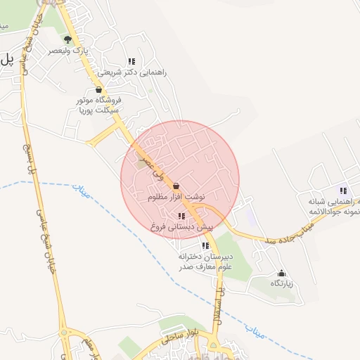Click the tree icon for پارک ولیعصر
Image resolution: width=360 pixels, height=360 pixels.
click(x=67, y=39)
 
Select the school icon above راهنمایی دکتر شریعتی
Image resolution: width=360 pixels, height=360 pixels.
click(x=131, y=61)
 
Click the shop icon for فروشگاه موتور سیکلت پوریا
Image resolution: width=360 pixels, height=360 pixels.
click(x=98, y=90)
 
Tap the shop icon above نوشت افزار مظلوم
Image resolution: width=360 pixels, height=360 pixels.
click(x=176, y=186)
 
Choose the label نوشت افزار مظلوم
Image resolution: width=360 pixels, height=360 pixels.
click(x=176, y=198)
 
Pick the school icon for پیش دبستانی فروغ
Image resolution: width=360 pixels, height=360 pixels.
click(x=181, y=216)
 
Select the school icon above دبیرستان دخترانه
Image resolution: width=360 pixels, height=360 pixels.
click(x=205, y=245)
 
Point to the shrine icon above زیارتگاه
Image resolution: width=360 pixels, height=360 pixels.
click(x=282, y=272)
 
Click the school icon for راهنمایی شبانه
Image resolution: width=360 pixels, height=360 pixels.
click(x=343, y=191)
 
